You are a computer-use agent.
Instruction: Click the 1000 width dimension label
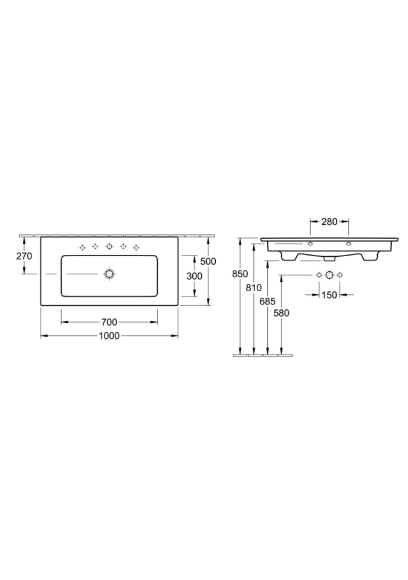(109, 336)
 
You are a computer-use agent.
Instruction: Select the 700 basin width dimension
(109, 322)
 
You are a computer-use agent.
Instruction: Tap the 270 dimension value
(24, 256)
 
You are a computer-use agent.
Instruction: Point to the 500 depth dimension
(208, 261)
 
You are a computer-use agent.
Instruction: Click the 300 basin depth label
(195, 276)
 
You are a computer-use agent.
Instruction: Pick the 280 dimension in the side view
(329, 222)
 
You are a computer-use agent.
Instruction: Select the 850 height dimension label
(240, 274)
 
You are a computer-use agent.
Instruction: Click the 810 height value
(254, 288)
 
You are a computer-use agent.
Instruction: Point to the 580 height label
(281, 313)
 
